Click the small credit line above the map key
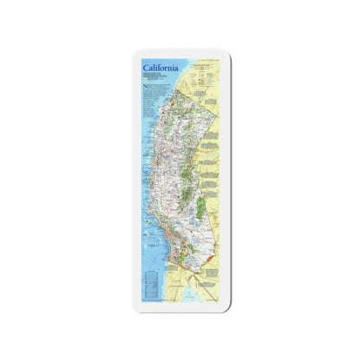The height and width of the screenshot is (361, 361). tap(208, 61)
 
